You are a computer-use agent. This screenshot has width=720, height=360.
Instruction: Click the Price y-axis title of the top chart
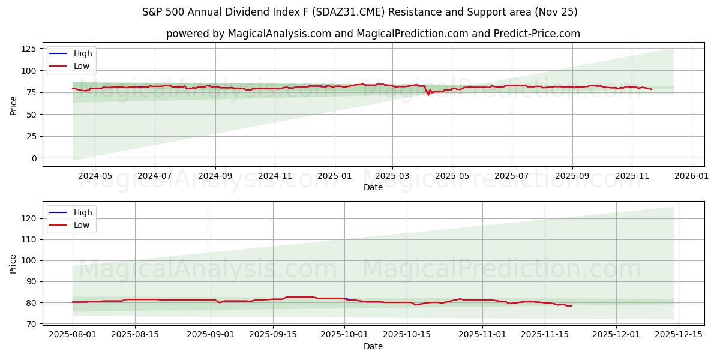(14, 104)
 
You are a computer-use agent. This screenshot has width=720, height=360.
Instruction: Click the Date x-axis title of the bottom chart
(373, 346)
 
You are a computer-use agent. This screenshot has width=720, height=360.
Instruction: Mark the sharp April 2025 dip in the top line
(428, 95)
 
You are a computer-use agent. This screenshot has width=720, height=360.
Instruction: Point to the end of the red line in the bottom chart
(572, 306)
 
